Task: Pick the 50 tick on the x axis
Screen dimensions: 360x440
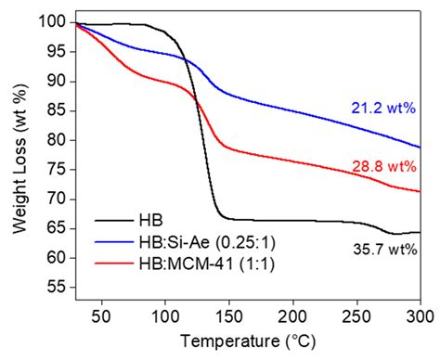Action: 101,317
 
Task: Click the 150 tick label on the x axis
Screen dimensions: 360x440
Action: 228,317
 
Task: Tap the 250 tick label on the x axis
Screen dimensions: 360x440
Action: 356,317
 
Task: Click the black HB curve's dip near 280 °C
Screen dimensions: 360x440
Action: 395,234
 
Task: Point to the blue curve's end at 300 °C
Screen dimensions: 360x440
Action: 420,148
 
